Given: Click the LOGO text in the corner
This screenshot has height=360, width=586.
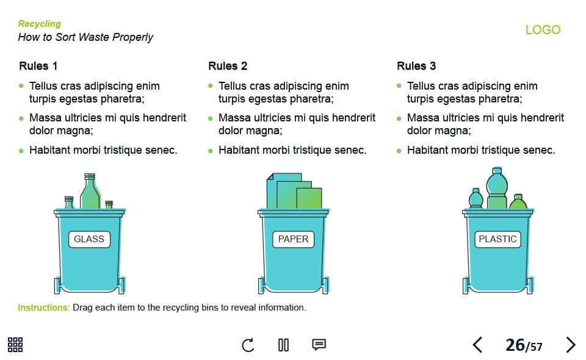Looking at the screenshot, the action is coord(543,29).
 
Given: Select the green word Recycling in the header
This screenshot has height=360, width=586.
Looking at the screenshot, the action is coord(39,24).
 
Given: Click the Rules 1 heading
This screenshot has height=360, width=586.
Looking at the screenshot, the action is coord(38,66).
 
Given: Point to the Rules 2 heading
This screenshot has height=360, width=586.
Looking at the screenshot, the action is coord(228,66).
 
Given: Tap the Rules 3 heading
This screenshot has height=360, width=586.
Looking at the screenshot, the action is coord(416,66).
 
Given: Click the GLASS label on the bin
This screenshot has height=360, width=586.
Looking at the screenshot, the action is coord(89,239).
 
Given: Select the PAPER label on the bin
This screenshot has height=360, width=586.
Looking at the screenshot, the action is coord(294,239).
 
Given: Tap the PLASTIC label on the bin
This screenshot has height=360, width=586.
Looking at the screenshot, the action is coord(497,239).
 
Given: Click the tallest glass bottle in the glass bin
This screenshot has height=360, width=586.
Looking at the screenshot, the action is coord(90,191).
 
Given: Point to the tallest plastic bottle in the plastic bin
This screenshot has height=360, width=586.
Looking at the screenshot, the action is coord(497,188).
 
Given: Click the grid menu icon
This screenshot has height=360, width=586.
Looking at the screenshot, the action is coord(15,345).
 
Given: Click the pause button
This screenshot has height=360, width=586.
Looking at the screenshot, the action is coord(283,345).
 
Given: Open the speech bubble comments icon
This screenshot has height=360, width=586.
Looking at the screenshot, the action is coord(319,344).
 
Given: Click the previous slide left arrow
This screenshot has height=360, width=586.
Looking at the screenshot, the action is coord(477,345).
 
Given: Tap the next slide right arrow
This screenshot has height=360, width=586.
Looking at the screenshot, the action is coord(570,345).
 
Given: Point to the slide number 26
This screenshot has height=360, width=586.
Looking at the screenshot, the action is coord(515,345).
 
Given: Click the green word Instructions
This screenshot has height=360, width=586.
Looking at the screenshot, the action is coord(44,308).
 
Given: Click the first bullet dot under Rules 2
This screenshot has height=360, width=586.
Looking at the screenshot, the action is coord(211,86).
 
